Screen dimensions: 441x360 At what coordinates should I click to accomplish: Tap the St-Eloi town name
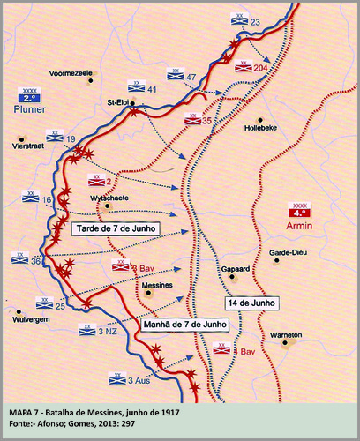coord(120,101)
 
